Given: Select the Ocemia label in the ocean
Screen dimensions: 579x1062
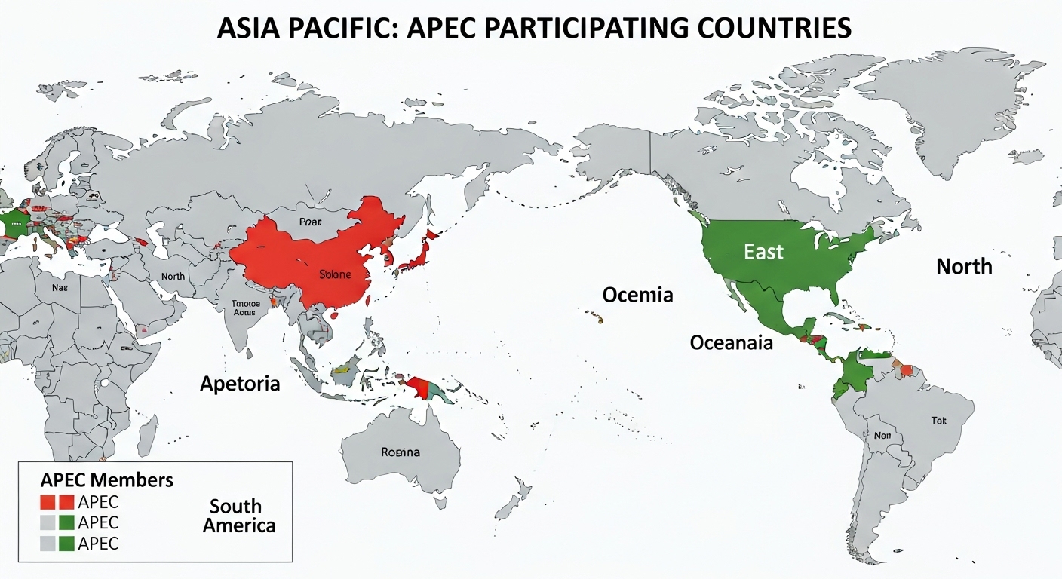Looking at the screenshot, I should (637, 295).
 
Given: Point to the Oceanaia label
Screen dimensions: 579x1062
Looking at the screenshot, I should (732, 343).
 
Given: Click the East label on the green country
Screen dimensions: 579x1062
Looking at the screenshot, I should (764, 252).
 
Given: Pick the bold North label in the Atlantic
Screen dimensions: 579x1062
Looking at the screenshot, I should (964, 266).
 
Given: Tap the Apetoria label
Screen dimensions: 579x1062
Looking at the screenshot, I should (240, 384).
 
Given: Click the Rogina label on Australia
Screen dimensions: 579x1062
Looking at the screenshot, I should (401, 452).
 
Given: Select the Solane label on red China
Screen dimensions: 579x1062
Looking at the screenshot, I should (335, 274).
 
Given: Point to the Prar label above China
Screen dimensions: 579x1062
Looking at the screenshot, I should (310, 222).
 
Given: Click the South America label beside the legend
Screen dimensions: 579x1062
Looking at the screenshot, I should (238, 516).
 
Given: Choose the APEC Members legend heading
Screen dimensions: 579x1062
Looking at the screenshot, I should (106, 480).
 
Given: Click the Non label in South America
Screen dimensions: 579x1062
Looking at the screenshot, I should (882, 435).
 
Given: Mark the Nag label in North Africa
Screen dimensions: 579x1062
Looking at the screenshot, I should (60, 287).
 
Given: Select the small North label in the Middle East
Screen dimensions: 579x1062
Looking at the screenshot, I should (173, 277).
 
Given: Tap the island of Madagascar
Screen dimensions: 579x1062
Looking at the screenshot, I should (148, 436).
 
